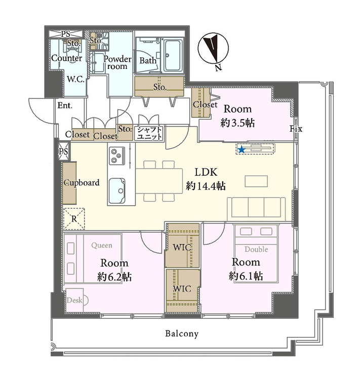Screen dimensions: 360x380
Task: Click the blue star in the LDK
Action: [x=242, y=150]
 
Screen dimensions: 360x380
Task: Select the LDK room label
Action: [x=206, y=172]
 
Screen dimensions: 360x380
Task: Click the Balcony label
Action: [x=182, y=334]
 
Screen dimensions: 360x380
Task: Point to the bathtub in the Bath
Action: [x=173, y=55]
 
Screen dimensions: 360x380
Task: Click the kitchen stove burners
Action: [x=117, y=155]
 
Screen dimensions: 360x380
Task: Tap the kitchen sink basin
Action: [x=117, y=191]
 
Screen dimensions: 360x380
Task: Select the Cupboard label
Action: [x=82, y=182]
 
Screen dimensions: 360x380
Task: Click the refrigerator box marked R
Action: [x=74, y=219]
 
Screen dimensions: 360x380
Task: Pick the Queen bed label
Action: [x=102, y=246]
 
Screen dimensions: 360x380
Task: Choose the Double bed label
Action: [x=256, y=249]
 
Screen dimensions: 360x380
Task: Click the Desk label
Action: [x=74, y=300]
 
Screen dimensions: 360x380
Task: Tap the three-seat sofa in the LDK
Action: [x=256, y=207]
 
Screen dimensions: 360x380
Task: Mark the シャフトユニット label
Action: [x=149, y=133]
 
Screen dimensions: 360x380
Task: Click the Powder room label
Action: [x=117, y=62]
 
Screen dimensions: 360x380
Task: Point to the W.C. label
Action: [x=75, y=79]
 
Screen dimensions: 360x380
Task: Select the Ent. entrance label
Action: [x=65, y=105]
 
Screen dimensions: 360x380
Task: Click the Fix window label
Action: [x=296, y=129]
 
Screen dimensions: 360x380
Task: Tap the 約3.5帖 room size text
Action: [x=237, y=123]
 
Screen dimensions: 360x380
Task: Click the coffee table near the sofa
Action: [x=256, y=181]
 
